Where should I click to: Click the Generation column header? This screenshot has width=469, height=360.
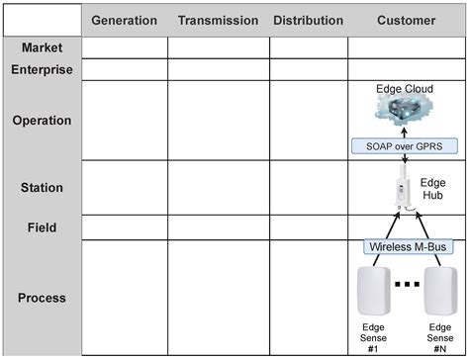pyautogui.click(x=124, y=20)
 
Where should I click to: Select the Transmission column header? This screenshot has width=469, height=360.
pyautogui.click(x=218, y=20)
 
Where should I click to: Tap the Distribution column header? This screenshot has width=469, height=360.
pyautogui.click(x=308, y=20)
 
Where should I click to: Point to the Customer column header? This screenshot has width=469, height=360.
pyautogui.click(x=406, y=20)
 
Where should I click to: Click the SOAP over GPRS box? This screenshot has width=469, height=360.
pyautogui.click(x=406, y=146)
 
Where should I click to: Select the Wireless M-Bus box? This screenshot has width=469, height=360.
pyautogui.click(x=406, y=246)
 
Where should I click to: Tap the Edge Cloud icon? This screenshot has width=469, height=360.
pyautogui.click(x=406, y=111)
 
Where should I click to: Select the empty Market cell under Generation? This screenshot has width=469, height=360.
pyautogui.click(x=124, y=47)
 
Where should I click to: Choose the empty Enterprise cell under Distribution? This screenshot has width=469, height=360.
pyautogui.click(x=308, y=69)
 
